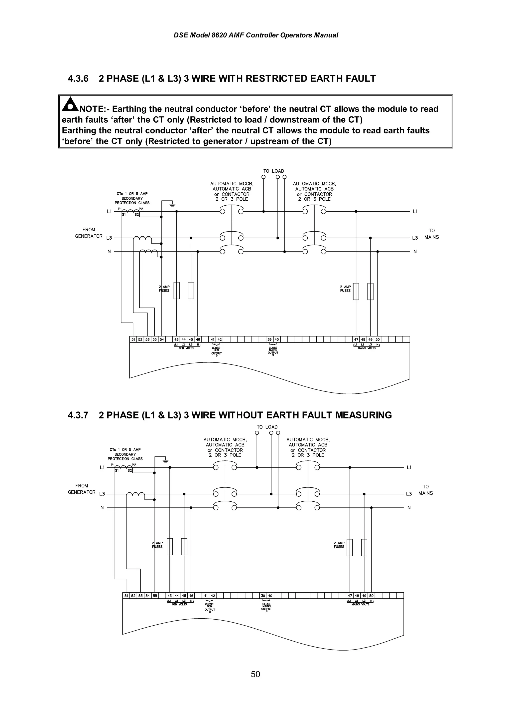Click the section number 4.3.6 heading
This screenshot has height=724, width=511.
pyautogui.click(x=78, y=78)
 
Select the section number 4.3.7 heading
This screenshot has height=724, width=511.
pyautogui.click(x=78, y=415)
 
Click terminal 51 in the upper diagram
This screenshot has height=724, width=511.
pyautogui.click(x=133, y=339)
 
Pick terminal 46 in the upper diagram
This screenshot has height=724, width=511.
pyautogui.click(x=198, y=339)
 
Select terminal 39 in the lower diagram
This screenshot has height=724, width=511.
pyautogui.click(x=263, y=596)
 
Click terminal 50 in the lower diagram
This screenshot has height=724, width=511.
pyautogui.click(x=371, y=596)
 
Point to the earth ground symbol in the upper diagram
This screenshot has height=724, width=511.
pyautogui.click(x=172, y=205)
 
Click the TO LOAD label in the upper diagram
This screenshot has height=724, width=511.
pyautogui.click(x=274, y=171)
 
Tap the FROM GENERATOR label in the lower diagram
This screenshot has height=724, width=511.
pyautogui.click(x=82, y=489)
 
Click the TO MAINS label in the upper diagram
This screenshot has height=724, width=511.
pyautogui.click(x=431, y=234)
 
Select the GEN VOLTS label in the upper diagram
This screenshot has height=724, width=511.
pyautogui.click(x=186, y=348)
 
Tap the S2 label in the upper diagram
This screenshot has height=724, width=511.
pyautogui.click(x=137, y=215)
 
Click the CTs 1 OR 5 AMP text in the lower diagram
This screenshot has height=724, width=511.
pyautogui.click(x=125, y=450)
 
